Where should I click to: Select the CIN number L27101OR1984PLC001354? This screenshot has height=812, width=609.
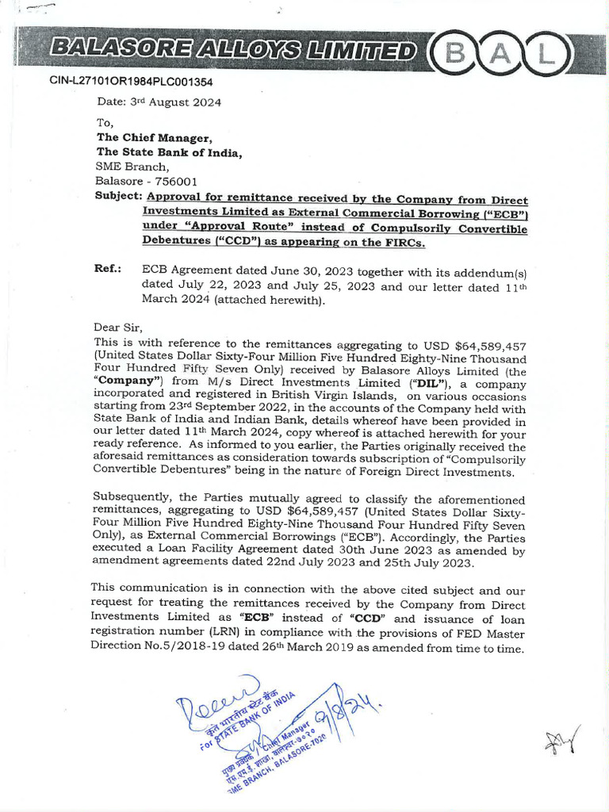[132, 82]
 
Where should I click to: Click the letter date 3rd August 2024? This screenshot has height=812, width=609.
[159, 102]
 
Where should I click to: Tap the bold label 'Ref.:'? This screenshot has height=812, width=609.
[108, 269]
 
